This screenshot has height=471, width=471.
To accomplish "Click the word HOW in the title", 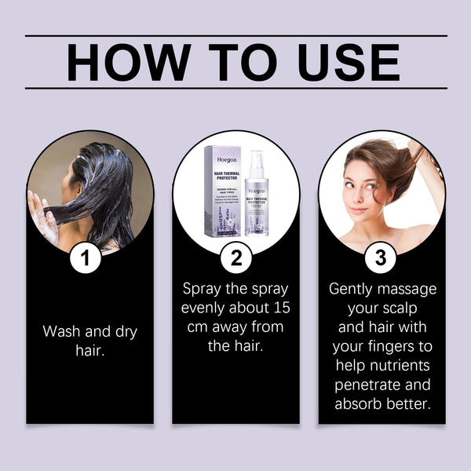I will coord(126,63).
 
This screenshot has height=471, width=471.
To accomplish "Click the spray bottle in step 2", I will coord(257,196).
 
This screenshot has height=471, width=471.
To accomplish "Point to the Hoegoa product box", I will coord(222,188).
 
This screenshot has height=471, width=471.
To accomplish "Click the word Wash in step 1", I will coord(63,332).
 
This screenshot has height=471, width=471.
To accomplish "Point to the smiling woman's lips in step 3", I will coord(358,210).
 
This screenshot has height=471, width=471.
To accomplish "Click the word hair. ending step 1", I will coord(90,351).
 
